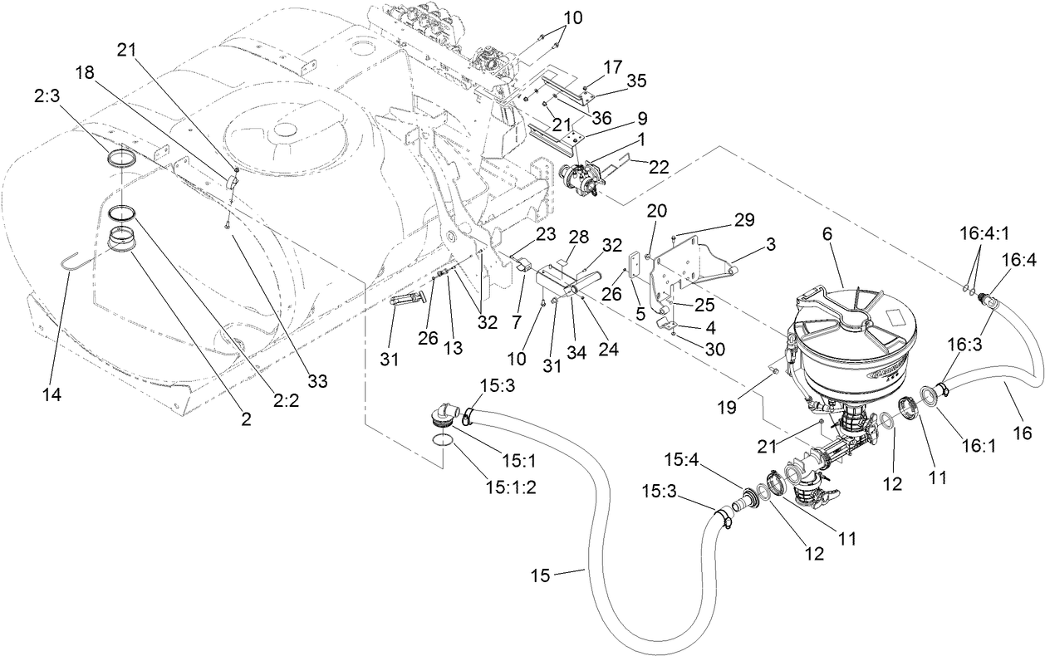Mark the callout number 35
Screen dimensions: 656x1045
635,81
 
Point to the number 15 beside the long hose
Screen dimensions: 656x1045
540,575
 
